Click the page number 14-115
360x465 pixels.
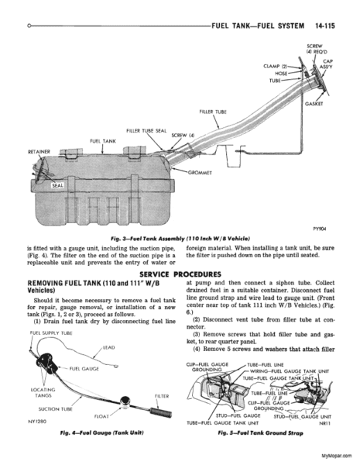324,26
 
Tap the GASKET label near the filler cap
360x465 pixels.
314,104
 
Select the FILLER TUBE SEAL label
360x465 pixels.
146,131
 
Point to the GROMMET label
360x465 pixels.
200,173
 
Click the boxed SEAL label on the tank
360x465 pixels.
57,186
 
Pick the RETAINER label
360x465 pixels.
39,152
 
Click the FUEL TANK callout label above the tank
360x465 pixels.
103,141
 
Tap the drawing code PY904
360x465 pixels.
320,229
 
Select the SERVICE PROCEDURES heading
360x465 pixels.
180,274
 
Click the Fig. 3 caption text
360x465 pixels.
180,239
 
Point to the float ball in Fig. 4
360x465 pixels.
125,401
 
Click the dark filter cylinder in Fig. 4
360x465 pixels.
161,412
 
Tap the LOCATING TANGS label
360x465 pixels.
43,393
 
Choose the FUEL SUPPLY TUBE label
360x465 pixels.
51,333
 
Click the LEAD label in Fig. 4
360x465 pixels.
108,347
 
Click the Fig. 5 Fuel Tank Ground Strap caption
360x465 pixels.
261,433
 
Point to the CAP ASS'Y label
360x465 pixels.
326,64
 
